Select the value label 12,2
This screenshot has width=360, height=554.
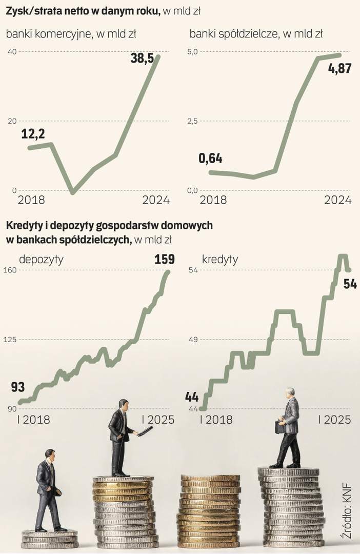(33, 134)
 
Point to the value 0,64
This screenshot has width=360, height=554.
(210, 158)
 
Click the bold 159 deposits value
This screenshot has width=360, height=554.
(164, 260)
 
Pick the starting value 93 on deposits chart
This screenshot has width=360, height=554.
(18, 387)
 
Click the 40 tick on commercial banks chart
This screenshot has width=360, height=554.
(12, 51)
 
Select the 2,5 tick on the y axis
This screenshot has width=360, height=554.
(192, 121)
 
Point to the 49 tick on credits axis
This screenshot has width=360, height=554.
(192, 340)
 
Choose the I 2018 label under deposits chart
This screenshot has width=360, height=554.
(34, 420)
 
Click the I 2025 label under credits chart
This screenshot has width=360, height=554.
(334, 420)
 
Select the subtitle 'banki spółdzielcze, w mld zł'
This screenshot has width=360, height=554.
(256, 34)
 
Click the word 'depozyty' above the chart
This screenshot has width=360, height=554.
(41, 259)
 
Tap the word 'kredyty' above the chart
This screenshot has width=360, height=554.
(220, 259)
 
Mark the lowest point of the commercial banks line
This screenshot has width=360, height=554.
(73, 192)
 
